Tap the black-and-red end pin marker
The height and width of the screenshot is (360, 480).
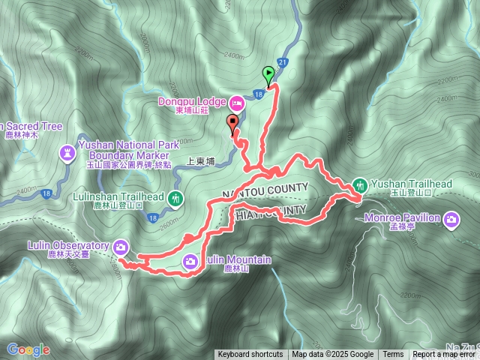coord(232,125)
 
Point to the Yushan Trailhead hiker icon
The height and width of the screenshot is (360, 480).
coord(360,184)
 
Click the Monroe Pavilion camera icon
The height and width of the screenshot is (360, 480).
coord(451,219)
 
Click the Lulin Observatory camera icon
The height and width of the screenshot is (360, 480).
coord(121,244)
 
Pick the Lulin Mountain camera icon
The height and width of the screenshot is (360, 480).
coord(190,260)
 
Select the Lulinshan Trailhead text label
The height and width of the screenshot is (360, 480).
coord(129,196)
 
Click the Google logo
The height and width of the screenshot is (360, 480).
coord(28,349)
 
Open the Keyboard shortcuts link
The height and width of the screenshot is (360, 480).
coord(250,355)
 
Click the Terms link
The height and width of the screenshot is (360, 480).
coord(393,355)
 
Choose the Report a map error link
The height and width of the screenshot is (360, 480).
coord(444,355)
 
